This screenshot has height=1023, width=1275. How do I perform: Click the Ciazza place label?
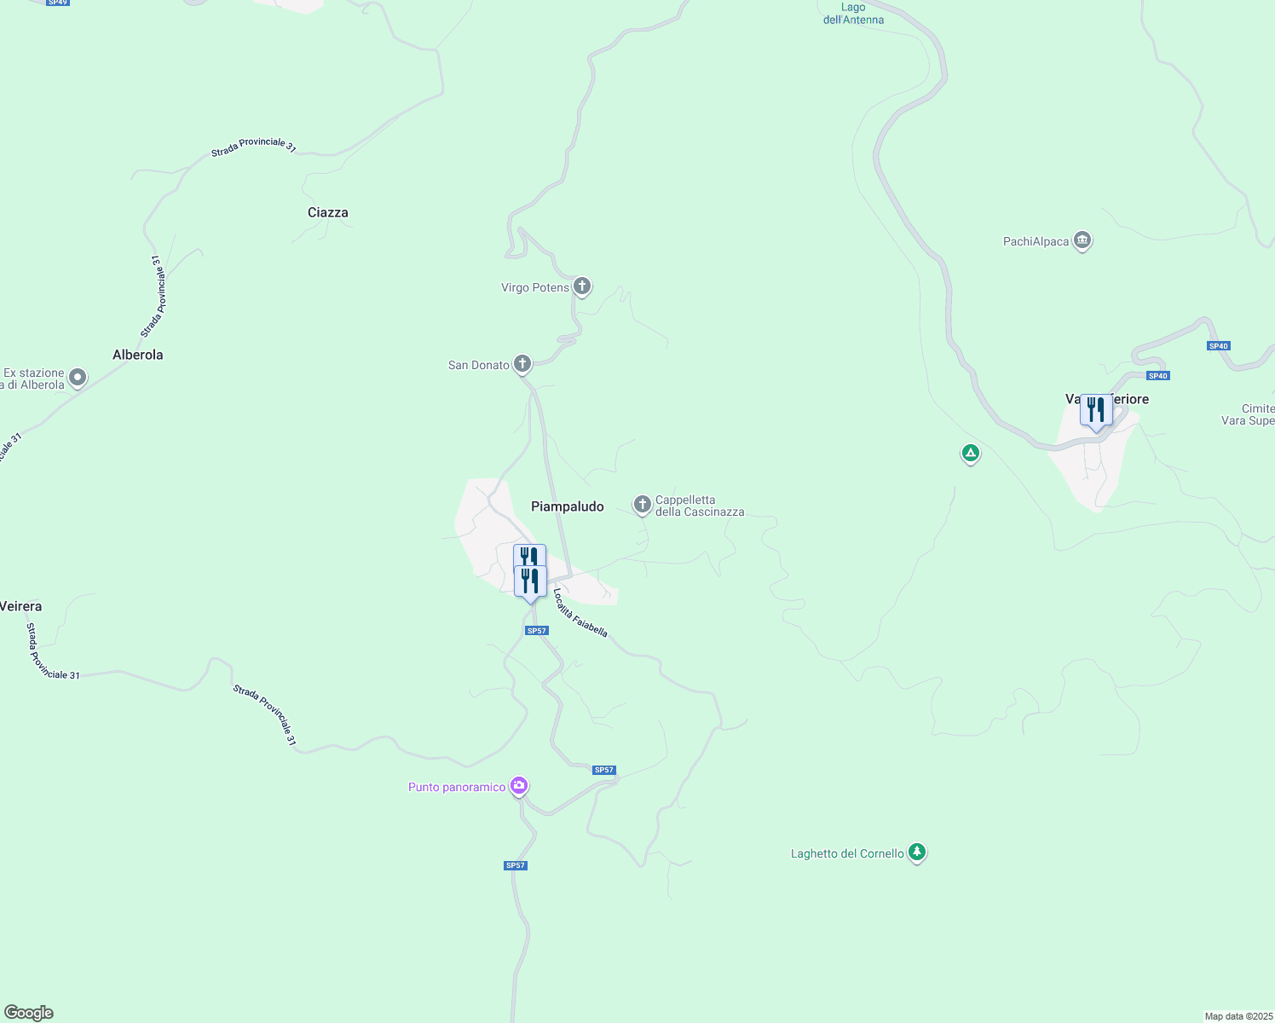coord(327,212)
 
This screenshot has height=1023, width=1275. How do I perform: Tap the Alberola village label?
coord(137,355)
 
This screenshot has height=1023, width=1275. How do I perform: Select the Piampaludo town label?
coord(567,506)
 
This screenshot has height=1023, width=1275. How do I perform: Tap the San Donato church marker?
coord(522,364)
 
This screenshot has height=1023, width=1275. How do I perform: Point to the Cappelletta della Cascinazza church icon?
coord(643,505)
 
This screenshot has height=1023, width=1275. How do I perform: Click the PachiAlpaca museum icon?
coord(1082,240)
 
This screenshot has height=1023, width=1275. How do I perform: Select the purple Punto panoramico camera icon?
coord(519,786)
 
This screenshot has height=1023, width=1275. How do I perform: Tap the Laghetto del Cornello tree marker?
coord(917,852)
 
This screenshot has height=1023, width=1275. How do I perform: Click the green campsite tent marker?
coord(970,453)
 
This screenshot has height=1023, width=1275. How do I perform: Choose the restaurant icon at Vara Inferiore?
coord(1096,410)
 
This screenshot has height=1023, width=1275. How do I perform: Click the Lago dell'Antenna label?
coord(853,14)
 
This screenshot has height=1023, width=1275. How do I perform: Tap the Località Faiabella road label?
coord(580,613)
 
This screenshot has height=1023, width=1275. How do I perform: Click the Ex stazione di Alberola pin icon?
coord(78,377)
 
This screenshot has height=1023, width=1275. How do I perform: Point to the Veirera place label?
coord(20,606)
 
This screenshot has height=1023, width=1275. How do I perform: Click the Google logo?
coord(29,1013)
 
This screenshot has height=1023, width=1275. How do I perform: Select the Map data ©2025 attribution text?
coord(1238,1016)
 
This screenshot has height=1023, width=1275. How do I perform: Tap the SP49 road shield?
coord(58,3)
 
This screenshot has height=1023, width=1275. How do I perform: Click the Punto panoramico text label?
coord(457,787)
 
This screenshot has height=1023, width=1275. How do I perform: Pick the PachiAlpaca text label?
coord(1036,241)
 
